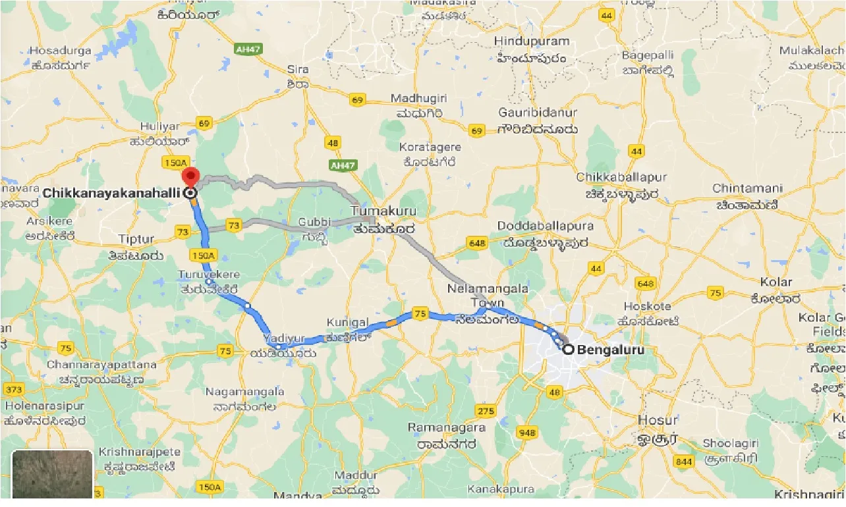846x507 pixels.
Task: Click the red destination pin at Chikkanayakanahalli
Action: (190, 176)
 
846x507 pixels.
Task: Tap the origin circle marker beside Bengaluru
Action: (568, 350)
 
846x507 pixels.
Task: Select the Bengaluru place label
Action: (610, 350)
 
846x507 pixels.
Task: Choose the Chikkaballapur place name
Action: (621, 178)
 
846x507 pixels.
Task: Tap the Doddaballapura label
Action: (545, 226)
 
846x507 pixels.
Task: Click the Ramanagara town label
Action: (447, 427)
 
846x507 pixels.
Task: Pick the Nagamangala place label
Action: (244, 392)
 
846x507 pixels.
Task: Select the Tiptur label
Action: (136, 240)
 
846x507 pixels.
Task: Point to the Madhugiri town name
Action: (418, 98)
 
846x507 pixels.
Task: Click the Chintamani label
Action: (747, 188)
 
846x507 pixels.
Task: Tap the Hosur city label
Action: (658, 420)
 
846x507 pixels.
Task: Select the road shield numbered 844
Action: (684, 462)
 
